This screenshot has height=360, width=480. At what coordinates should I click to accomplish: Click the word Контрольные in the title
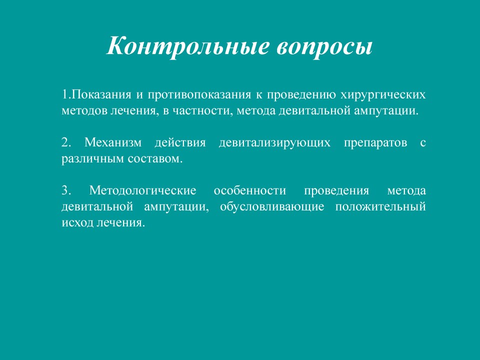[188, 46]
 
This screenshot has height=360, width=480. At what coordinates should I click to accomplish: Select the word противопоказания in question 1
[199, 94]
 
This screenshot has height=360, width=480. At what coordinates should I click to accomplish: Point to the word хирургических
[383, 94]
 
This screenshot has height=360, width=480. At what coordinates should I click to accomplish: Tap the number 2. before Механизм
[66, 142]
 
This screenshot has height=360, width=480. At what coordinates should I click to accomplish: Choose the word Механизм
[113, 142]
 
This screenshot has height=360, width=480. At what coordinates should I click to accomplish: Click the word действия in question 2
[180, 142]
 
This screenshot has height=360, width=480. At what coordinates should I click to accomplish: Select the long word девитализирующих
[274, 142]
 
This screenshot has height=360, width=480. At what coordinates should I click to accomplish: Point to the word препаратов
[375, 143]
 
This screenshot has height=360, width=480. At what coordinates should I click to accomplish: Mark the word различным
[93, 158]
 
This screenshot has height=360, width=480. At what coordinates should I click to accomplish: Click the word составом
[155, 158]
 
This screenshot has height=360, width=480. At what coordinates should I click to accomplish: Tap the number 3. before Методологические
[66, 190]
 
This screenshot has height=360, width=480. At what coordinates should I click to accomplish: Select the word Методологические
[142, 190]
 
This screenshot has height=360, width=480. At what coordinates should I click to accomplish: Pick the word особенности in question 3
[250, 190]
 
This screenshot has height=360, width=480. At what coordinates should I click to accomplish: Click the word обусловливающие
[272, 206]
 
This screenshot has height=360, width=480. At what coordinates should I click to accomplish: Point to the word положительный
[380, 206]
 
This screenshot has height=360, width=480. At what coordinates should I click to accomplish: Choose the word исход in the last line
[77, 222]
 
